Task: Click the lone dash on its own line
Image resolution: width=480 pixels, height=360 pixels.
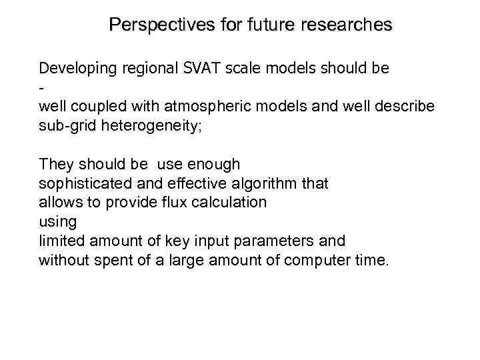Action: point(41,87)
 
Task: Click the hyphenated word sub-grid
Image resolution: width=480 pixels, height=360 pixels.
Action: point(66,126)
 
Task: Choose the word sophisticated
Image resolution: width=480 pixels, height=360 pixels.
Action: point(81,183)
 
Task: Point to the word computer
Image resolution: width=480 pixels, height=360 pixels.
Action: point(313,260)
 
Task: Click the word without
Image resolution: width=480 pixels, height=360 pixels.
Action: point(63,260)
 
